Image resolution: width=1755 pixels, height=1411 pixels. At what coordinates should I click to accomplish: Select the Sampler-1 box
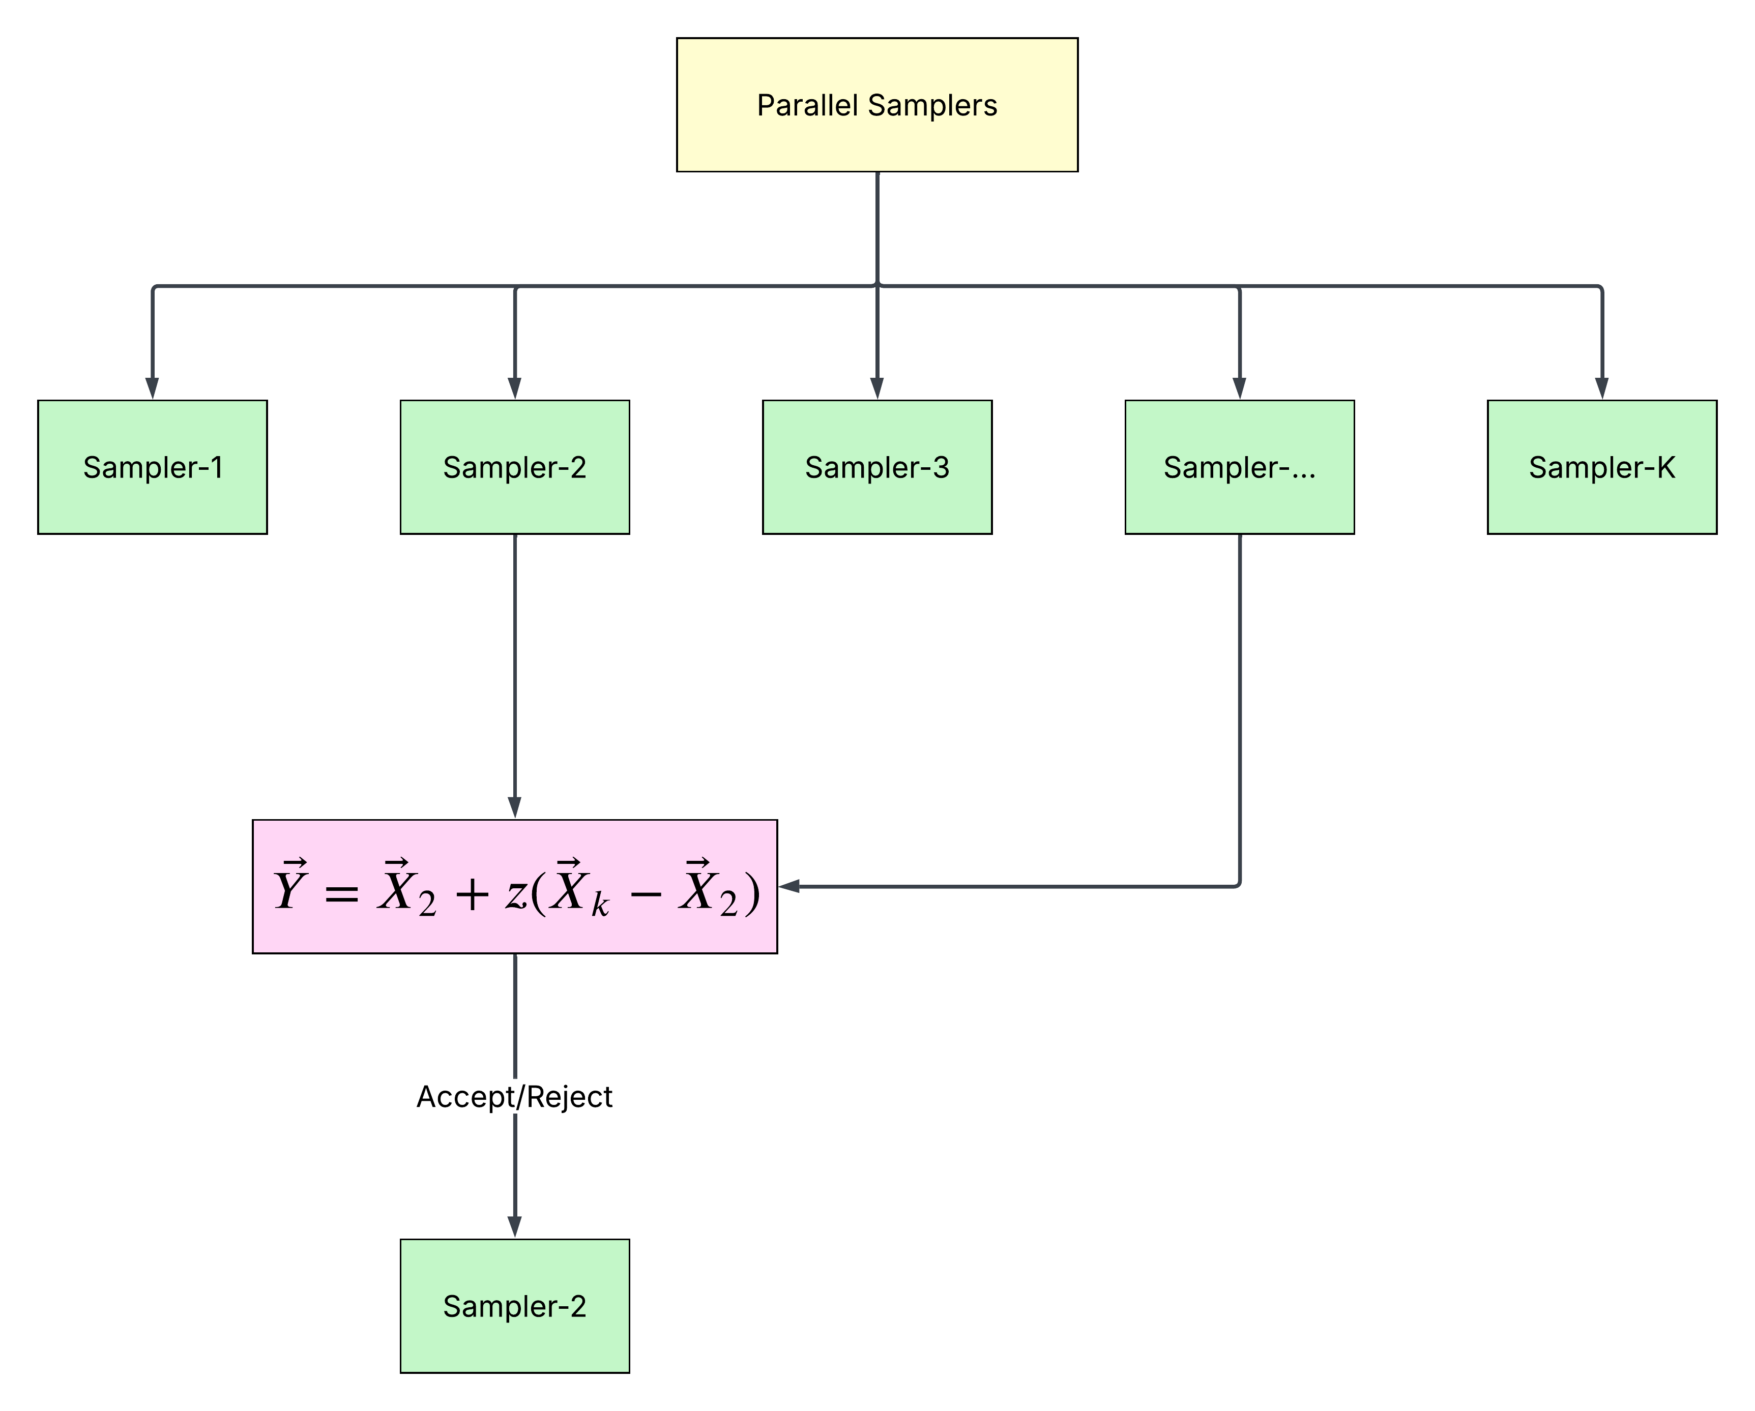[x=152, y=467]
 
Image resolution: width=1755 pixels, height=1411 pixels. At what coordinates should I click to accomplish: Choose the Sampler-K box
[x=1602, y=467]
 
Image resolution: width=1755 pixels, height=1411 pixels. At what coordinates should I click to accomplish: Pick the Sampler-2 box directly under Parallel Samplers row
[x=514, y=467]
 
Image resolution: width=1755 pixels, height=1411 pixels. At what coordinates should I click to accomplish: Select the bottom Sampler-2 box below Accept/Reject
[x=514, y=1306]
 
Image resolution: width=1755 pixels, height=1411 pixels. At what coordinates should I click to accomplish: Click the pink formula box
[x=514, y=886]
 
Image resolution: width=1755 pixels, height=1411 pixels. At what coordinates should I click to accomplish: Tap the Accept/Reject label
[x=514, y=1097]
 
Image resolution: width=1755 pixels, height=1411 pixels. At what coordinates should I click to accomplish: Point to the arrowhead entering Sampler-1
[x=152, y=388]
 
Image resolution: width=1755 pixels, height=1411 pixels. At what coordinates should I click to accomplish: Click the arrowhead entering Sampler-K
[x=1602, y=388]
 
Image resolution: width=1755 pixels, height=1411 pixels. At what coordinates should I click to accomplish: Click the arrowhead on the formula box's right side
[x=789, y=886]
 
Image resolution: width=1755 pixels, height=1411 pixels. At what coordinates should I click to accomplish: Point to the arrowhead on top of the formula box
[x=514, y=808]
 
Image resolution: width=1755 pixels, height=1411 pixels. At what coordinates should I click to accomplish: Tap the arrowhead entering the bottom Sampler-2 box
[x=514, y=1227]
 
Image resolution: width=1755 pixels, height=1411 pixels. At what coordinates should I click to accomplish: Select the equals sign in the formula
[x=341, y=894]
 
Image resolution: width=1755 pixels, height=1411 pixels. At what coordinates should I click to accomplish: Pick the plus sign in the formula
[x=472, y=894]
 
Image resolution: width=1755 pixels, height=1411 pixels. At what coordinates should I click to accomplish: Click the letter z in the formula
[x=516, y=894]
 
